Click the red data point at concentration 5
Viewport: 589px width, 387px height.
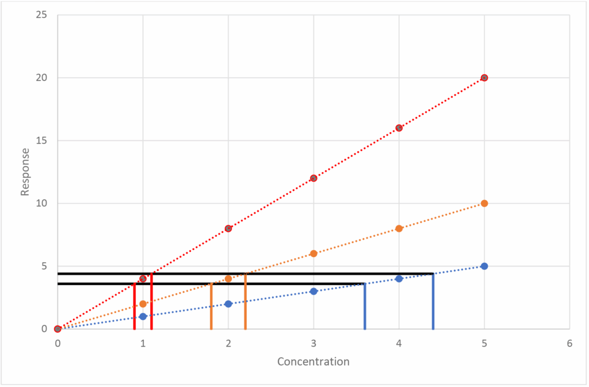pyautogui.click(x=484, y=78)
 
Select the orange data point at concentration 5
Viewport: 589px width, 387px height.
pyautogui.click(x=484, y=204)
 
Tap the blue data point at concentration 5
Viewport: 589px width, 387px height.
pyautogui.click(x=484, y=266)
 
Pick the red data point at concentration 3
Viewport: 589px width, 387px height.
pyautogui.click(x=313, y=178)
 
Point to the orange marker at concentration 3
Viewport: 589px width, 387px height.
pyautogui.click(x=313, y=254)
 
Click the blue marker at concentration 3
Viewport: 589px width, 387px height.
pyautogui.click(x=313, y=291)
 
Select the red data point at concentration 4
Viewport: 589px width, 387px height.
pyautogui.click(x=399, y=128)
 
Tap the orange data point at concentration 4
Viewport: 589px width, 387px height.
pyautogui.click(x=399, y=228)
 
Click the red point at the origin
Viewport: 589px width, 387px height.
pyautogui.click(x=58, y=329)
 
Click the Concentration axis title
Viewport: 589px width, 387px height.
pyautogui.click(x=313, y=362)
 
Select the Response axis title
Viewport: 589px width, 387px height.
pyautogui.click(x=25, y=171)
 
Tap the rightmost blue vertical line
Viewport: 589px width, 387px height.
pyautogui.click(x=433, y=302)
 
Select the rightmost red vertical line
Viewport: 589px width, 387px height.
pyautogui.click(x=151, y=302)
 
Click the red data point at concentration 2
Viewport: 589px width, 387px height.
pyautogui.click(x=228, y=228)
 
